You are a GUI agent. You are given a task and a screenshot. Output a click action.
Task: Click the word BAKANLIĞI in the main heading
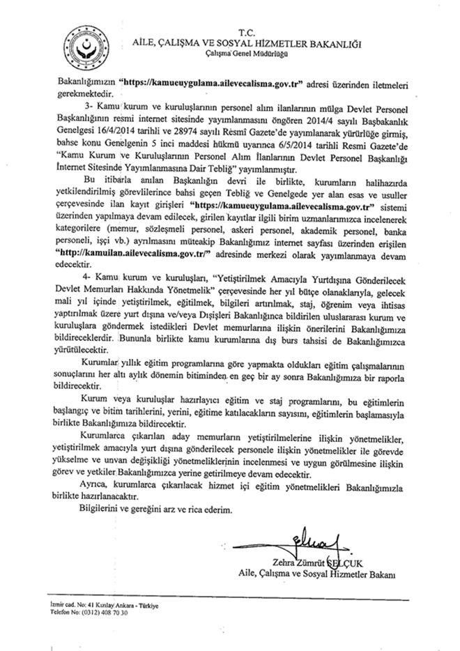pos(332,43)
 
